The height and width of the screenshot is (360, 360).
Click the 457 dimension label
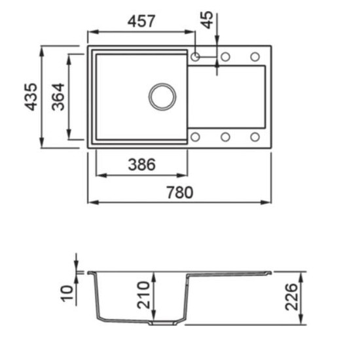point(141,21)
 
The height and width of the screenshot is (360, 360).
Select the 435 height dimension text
point(31,97)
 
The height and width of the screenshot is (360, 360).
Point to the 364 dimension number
point(58,97)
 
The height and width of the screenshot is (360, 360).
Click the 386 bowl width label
point(141,164)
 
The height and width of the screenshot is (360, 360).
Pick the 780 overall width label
point(179,192)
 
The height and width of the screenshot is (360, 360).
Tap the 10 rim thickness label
point(67,293)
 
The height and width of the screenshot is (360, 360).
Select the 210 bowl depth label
point(143,295)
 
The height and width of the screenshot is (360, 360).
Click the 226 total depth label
point(291,297)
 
